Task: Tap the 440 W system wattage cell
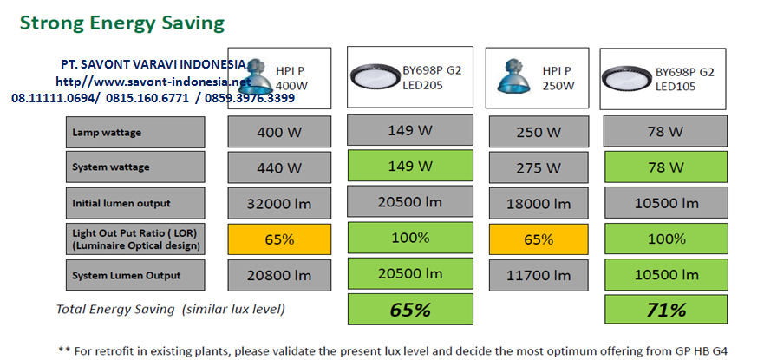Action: click(279, 167)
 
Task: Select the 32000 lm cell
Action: click(279, 204)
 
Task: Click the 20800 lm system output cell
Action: click(279, 276)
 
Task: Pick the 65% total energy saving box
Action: click(411, 310)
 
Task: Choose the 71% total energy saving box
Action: click(666, 310)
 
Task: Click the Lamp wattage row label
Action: click(134, 132)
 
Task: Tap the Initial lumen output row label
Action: click(134, 204)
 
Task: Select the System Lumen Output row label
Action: click(134, 276)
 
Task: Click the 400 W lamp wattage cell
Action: click(279, 132)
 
